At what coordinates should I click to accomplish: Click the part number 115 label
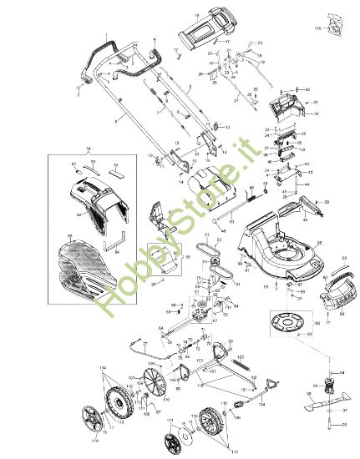317,28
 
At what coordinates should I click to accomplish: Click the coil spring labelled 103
240,365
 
